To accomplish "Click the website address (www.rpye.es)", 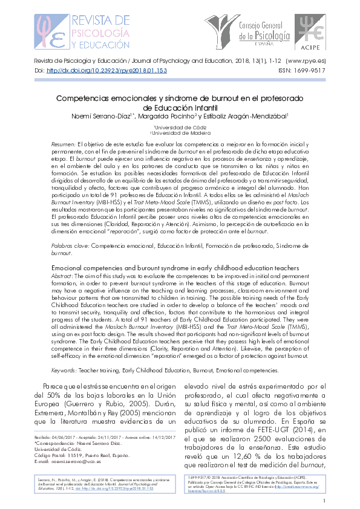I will (306, 61).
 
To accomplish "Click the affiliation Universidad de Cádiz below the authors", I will (180, 127).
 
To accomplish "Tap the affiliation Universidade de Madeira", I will (180, 133).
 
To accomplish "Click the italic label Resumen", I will (63, 145).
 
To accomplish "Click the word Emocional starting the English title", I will (70, 267).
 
